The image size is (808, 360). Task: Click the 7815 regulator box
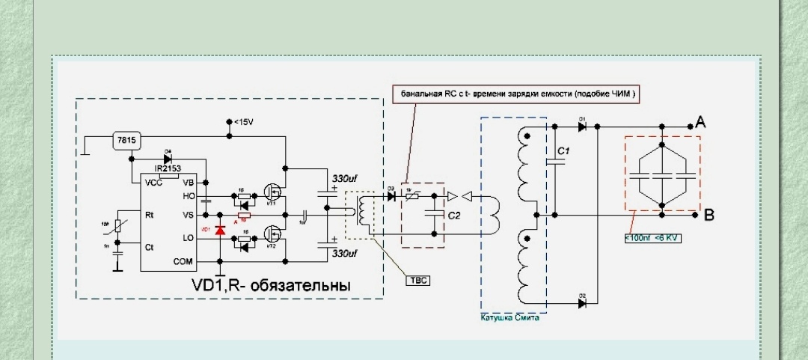tap(122, 140)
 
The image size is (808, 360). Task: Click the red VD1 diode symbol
tap(220, 231)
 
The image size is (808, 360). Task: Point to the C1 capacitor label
tap(564, 152)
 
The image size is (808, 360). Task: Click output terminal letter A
tap(700, 123)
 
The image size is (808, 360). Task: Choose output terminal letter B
tap(708, 216)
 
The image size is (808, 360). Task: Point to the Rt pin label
tap(149, 214)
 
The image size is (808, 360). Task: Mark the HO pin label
tap(189, 196)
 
